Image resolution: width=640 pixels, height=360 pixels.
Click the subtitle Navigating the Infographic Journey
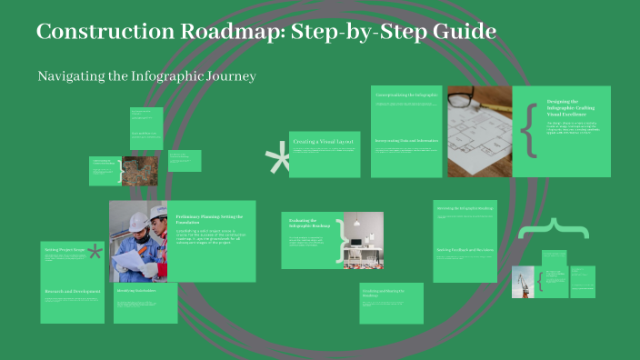point(146,76)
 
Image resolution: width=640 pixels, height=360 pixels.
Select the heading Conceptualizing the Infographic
point(405,95)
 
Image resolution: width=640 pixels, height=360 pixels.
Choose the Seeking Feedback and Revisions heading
point(464,249)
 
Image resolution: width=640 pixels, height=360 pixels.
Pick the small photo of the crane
point(523,281)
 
